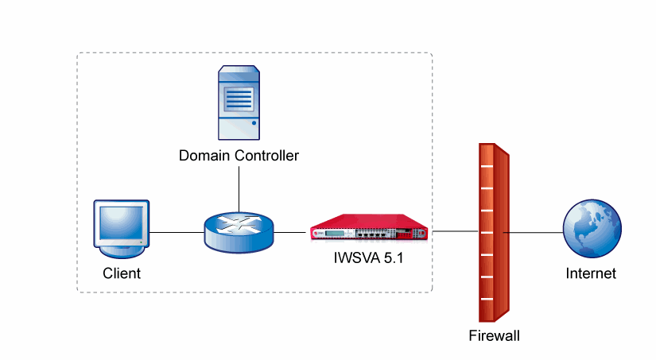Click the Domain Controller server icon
239,103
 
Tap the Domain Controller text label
239,156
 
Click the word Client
122,274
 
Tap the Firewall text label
494,336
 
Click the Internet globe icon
591,229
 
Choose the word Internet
591,274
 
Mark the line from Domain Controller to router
239,188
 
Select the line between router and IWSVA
291,232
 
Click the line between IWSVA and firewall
453,232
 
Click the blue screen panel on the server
239,99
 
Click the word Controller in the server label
268,156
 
